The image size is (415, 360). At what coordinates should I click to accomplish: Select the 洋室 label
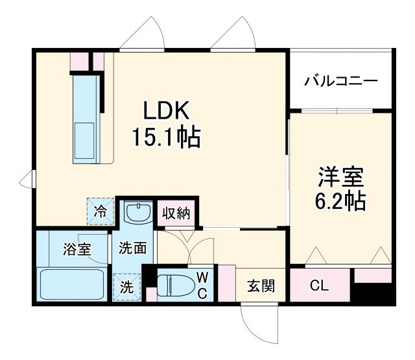point(340,176)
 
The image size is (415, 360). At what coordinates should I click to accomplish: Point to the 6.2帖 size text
point(340,201)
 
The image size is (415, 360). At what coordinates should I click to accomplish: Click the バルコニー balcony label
point(340,82)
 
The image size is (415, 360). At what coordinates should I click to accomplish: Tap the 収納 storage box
point(176,213)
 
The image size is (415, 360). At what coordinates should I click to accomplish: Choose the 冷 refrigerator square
point(101,210)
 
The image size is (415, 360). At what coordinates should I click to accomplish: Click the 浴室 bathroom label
point(77,248)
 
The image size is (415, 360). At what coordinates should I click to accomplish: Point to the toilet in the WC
point(174,284)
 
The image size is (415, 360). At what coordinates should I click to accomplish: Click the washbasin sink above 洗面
point(137,212)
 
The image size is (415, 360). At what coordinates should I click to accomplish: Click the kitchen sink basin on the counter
point(86,136)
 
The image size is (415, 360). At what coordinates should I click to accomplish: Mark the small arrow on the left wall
point(27,178)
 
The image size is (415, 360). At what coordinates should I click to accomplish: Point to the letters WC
point(202,286)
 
